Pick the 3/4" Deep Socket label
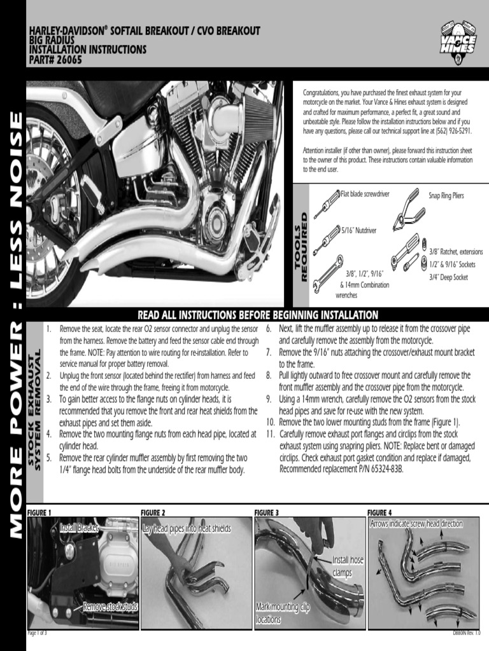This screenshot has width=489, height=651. click(x=448, y=277)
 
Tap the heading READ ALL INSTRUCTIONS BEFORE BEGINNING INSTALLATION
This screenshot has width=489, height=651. click(x=258, y=315)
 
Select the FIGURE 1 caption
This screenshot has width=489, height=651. click(x=39, y=512)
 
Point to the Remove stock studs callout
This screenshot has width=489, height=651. click(x=110, y=606)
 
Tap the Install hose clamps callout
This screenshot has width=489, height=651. click(x=347, y=566)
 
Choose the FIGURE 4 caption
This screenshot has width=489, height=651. click(x=379, y=512)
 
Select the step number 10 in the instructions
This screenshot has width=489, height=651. click(x=271, y=422)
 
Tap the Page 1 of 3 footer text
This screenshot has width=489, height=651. click(x=37, y=634)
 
